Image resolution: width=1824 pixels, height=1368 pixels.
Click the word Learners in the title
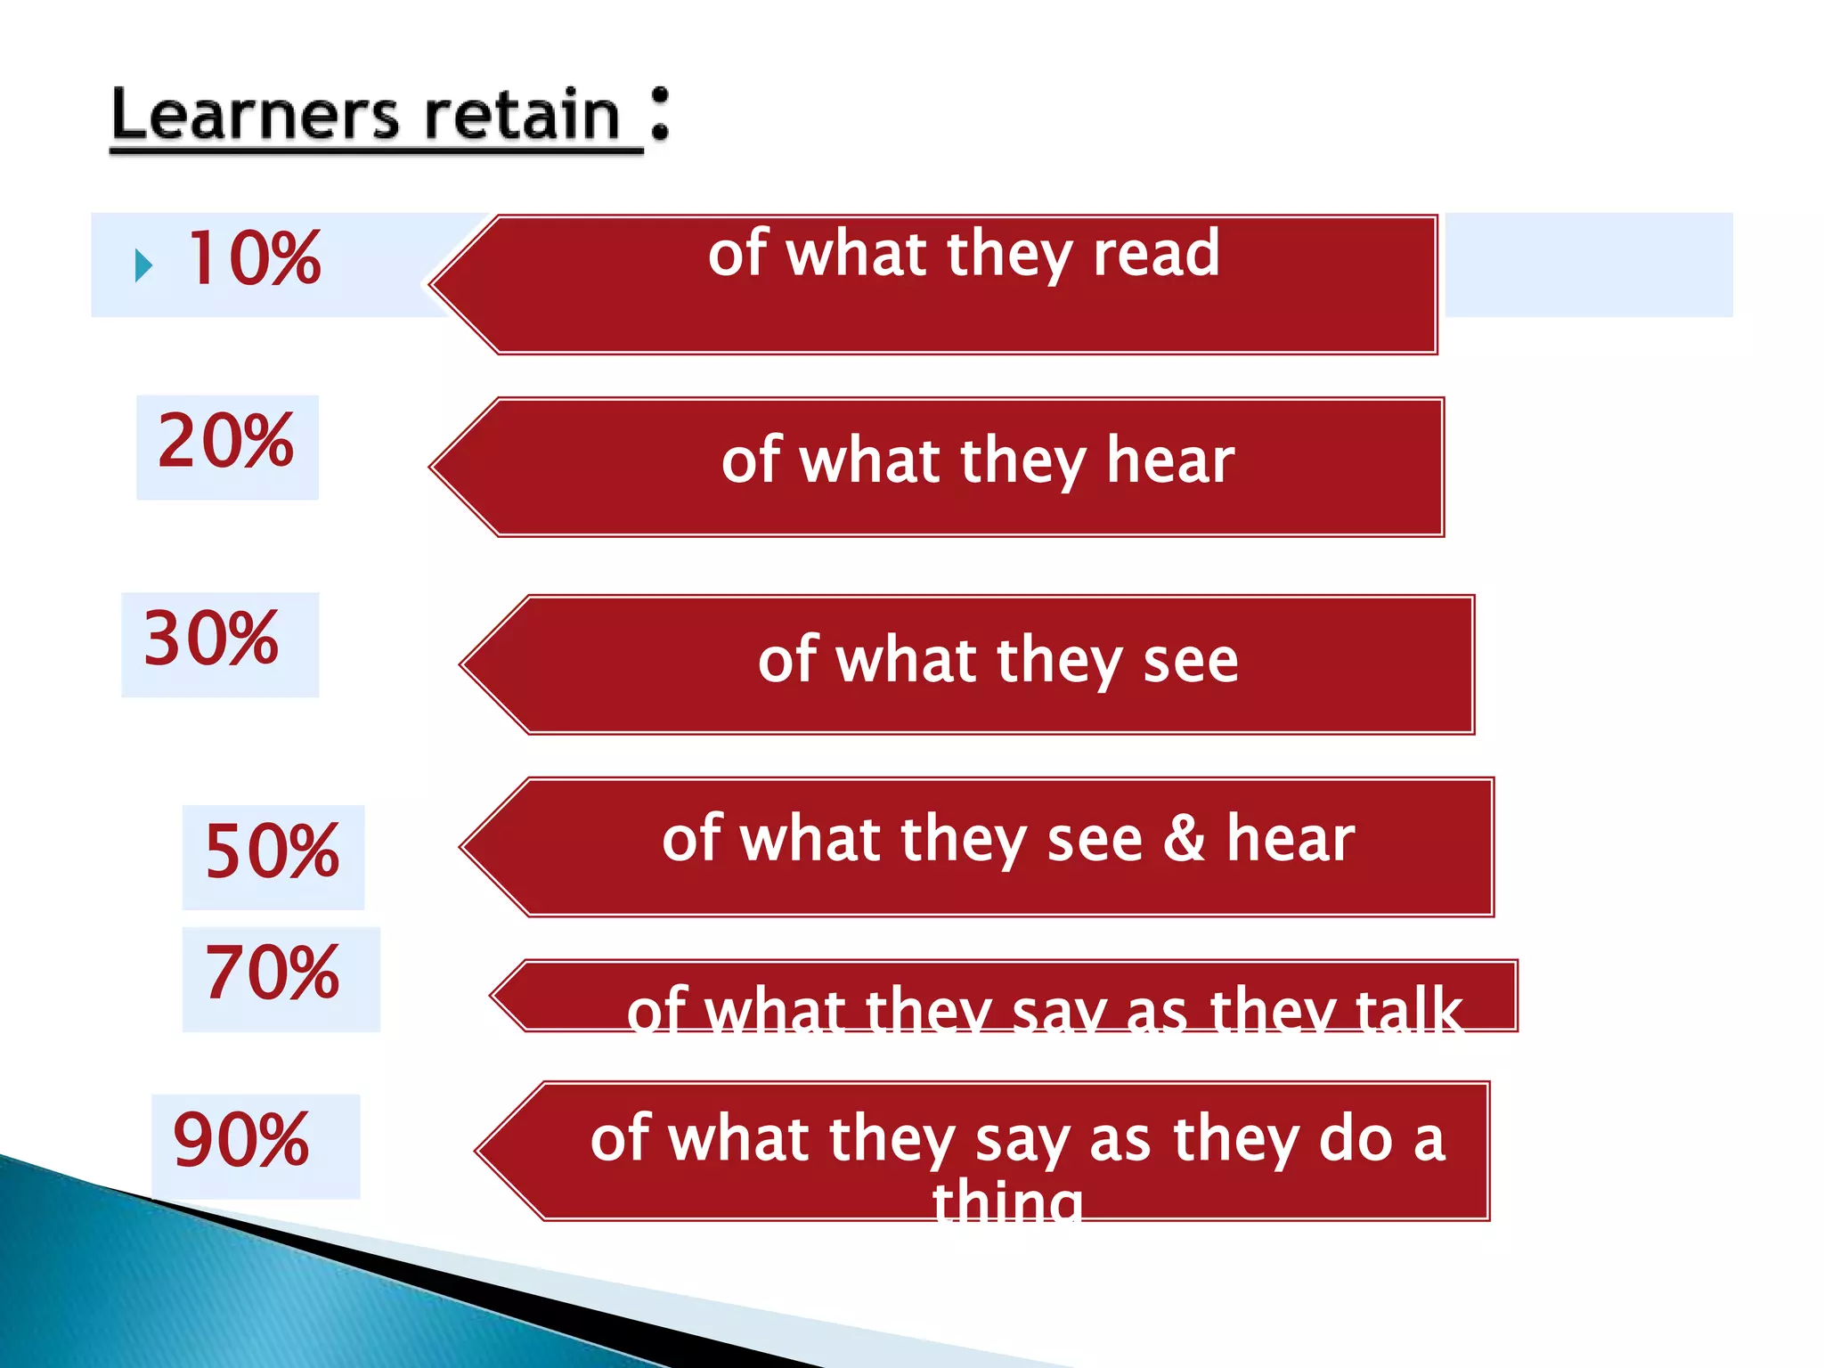255,117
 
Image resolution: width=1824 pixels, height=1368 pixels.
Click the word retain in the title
522,117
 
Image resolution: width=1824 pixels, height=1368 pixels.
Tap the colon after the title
659,114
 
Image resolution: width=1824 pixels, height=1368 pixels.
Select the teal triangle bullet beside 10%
143,265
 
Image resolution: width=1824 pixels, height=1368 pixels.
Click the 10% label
254,259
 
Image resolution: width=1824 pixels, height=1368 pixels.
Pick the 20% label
226,442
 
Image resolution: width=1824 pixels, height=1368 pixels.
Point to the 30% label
212,639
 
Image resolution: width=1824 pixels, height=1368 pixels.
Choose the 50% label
273,852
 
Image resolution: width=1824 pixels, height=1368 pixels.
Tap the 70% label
273,973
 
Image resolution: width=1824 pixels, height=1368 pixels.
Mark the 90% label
241,1141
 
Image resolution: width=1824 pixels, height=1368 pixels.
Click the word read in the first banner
1156,254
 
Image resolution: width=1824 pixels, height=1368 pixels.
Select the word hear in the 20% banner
1170,461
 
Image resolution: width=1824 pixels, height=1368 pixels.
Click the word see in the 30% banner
1191,661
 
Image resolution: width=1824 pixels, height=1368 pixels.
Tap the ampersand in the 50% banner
1184,839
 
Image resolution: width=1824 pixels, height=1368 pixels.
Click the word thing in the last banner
1007,1202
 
